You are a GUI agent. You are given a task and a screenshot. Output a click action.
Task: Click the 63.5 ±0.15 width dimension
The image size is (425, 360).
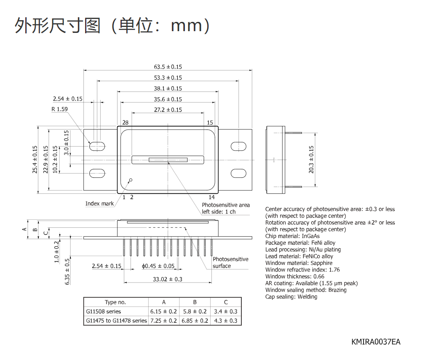tap(168, 67)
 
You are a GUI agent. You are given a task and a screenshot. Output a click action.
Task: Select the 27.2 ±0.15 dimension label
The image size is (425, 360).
tap(168, 110)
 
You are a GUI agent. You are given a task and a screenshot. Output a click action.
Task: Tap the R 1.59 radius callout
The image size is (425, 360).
tap(60, 109)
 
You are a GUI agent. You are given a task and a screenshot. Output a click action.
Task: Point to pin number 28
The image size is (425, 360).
tap(125, 123)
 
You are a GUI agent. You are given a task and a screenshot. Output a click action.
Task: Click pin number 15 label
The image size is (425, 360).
tap(210, 123)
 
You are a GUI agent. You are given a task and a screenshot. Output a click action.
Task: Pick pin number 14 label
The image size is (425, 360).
tap(211, 197)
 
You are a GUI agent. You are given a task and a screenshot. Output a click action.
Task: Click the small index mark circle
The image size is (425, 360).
tap(131, 180)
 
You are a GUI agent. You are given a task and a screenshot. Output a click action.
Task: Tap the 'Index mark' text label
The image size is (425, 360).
tap(99, 203)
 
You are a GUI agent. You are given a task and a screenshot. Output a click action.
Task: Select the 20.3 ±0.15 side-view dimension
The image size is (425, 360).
tap(311, 160)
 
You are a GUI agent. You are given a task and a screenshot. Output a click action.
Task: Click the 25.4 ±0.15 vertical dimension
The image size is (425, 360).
tap(35, 160)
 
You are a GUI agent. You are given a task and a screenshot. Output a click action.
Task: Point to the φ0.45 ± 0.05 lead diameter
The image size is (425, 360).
tap(158, 266)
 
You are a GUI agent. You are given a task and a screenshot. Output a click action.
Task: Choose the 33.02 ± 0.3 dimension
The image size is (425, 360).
tap(168, 279)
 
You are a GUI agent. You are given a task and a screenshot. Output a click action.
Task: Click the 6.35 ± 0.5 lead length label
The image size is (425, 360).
tap(67, 272)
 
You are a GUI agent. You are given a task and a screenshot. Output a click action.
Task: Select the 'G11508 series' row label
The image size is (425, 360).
tap(104, 312)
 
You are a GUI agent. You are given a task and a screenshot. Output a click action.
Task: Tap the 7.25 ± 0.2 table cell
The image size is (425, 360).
tap(163, 321)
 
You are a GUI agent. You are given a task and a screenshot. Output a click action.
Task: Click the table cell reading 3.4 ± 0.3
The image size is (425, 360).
tap(225, 312)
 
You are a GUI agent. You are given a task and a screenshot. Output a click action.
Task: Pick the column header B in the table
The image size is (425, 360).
tap(195, 302)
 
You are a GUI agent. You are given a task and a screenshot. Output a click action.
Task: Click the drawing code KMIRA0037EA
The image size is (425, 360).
tap(376, 342)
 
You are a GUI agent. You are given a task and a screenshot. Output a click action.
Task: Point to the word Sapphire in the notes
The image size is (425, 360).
tap(321, 263)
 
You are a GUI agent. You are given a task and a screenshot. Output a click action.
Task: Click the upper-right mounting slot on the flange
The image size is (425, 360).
tap(238, 146)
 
